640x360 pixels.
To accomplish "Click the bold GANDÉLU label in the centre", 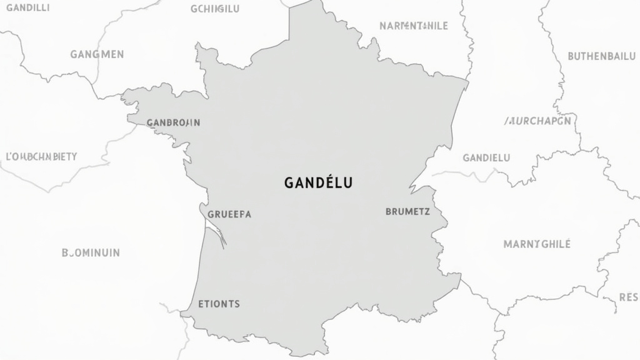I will click(x=318, y=183).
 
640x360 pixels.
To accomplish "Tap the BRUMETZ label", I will click(x=407, y=212).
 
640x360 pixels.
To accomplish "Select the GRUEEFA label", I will click(x=229, y=214).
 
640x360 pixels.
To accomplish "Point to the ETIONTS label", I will click(x=219, y=304).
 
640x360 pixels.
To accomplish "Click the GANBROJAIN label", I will click(x=173, y=122).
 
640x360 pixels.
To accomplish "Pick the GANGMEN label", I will click(x=97, y=54).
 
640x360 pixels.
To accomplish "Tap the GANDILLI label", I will click(x=27, y=8).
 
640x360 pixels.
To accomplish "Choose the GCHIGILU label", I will click(x=215, y=9).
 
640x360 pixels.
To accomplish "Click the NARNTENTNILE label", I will click(x=414, y=26).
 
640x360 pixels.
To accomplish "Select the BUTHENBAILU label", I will click(x=601, y=56).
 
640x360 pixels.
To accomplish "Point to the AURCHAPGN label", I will click(x=537, y=121).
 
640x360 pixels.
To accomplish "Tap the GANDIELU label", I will click(x=486, y=157).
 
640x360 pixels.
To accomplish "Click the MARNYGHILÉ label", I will click(x=537, y=244).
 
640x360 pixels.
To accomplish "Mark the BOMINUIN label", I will click(x=91, y=253).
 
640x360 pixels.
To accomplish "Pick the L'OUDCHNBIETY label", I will click(x=41, y=156).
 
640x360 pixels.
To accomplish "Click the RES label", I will click(x=628, y=297).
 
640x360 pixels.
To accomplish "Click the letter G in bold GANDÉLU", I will click(x=289, y=183).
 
